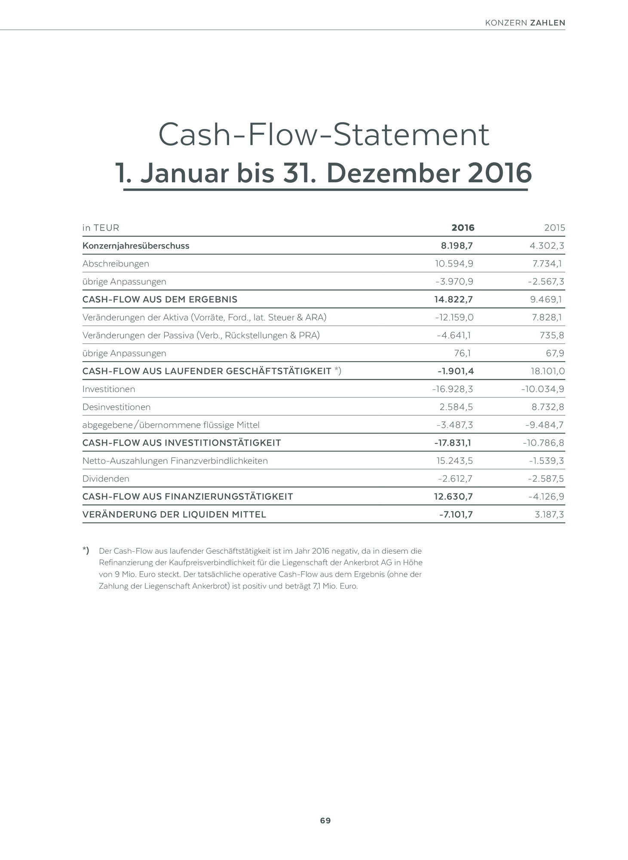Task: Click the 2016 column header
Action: (x=463, y=227)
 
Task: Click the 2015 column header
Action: (x=554, y=227)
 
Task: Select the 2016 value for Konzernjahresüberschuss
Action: (x=456, y=246)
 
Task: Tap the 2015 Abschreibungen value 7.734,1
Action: (x=547, y=264)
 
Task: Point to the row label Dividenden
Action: (x=106, y=479)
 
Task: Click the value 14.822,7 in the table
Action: (x=453, y=299)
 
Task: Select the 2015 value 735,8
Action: (x=552, y=335)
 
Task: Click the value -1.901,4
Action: (x=456, y=371)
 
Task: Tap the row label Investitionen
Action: (x=109, y=389)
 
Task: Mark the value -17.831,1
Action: (x=453, y=443)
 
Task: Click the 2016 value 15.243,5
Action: (x=454, y=461)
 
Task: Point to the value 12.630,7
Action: (x=453, y=497)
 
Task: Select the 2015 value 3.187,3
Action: (x=549, y=515)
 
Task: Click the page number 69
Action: (x=325, y=820)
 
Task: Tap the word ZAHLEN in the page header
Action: (x=548, y=23)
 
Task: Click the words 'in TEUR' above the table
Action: (x=101, y=227)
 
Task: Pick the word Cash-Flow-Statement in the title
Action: (x=324, y=135)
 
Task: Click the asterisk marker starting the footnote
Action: (x=86, y=550)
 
